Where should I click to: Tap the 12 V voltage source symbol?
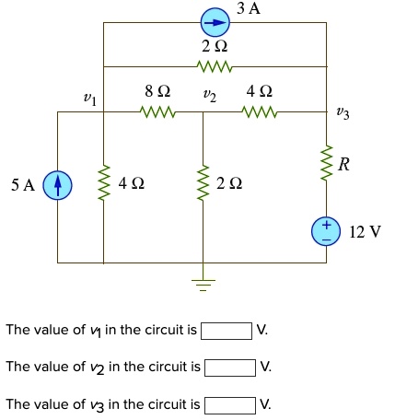click(x=326, y=230)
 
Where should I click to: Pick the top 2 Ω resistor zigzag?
click(x=215, y=66)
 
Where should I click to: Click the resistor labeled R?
click(x=326, y=163)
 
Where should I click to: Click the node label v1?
click(x=89, y=96)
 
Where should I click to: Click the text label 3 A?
click(x=248, y=9)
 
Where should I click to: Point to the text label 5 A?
click(x=23, y=186)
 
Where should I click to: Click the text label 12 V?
click(x=366, y=230)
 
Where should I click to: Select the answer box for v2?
click(x=230, y=367)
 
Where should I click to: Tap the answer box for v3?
click(x=230, y=404)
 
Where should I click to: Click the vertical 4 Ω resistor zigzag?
click(x=103, y=185)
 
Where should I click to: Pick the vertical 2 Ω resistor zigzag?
click(x=203, y=185)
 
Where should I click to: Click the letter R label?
click(x=344, y=166)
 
